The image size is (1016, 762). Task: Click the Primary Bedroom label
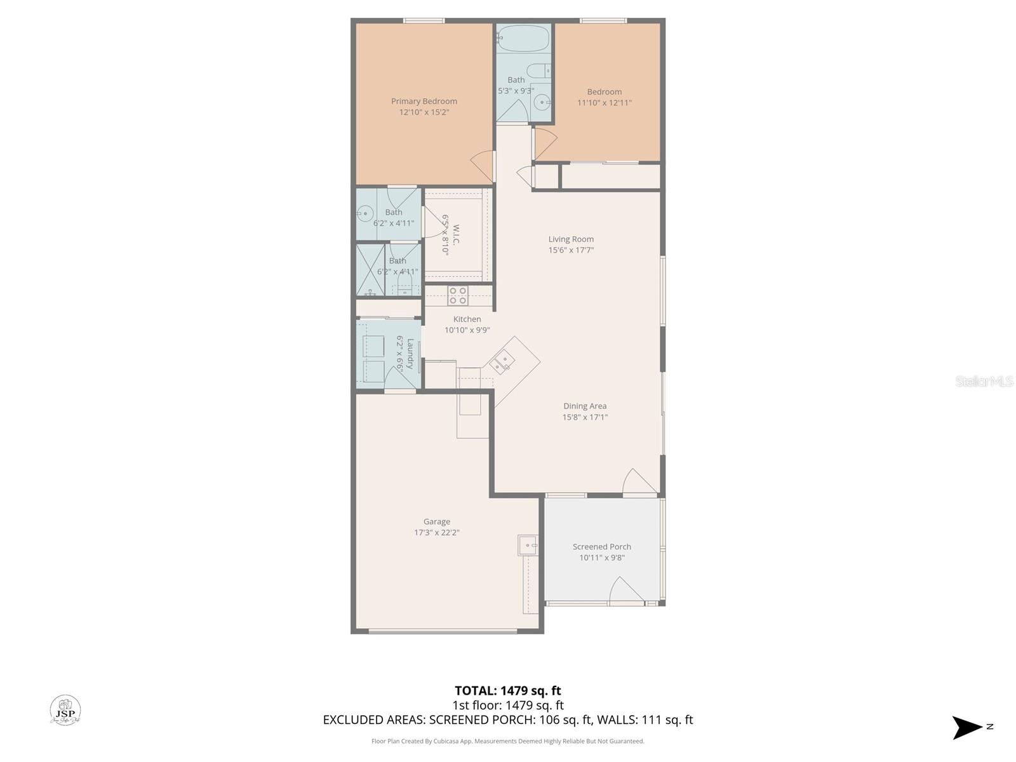point(424,101)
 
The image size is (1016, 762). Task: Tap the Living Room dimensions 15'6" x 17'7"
point(571,250)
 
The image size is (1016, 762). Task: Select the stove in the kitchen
point(457,296)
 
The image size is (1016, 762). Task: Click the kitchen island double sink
point(502,362)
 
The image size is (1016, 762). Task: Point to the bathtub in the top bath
point(523,38)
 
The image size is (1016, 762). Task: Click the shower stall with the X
point(370,269)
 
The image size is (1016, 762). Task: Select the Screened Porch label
point(601,547)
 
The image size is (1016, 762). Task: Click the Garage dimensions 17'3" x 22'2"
point(436,533)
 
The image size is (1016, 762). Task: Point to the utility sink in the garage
point(528,545)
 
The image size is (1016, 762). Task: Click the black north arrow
point(966,727)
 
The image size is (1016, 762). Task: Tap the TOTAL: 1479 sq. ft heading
point(507,690)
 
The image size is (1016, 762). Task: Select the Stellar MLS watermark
point(984,381)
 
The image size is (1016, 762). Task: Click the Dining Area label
point(585,406)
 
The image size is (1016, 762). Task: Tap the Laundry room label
point(410,354)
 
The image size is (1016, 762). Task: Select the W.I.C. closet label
point(456,234)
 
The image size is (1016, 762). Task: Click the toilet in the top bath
point(538,70)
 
